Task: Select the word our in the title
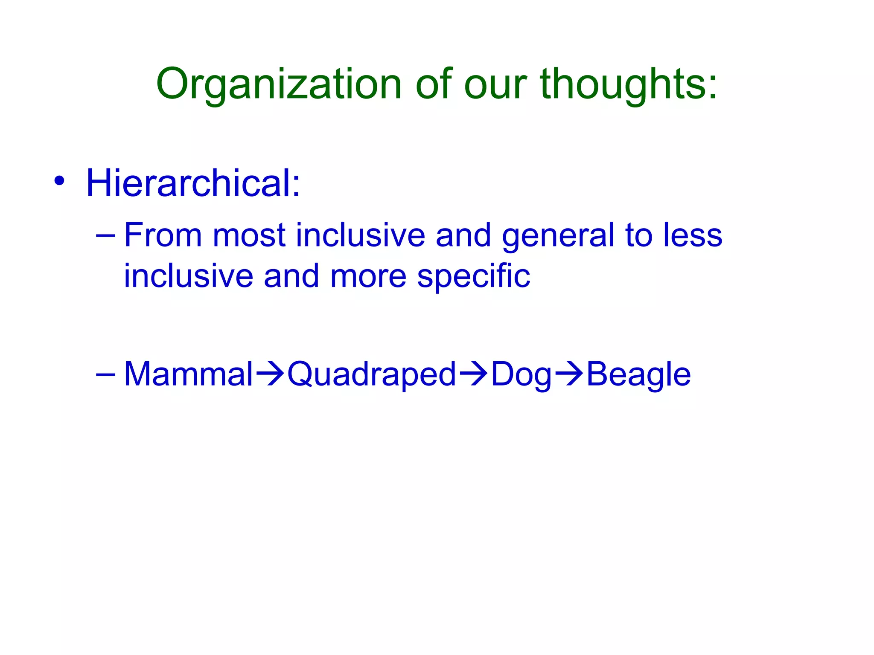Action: [x=495, y=84]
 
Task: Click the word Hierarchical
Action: [x=193, y=183]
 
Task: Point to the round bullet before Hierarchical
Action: [x=59, y=181]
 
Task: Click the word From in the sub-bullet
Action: [x=163, y=235]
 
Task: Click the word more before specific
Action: [x=368, y=276]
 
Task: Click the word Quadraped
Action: [x=372, y=374]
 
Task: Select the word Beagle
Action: [x=638, y=374]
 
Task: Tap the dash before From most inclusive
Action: [x=105, y=235]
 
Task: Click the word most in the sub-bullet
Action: [x=249, y=235]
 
